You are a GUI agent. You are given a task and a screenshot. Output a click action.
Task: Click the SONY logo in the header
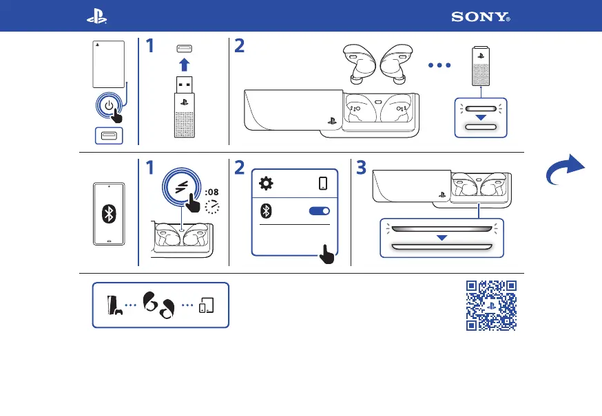point(481,17)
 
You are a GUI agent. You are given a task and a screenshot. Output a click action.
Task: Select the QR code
point(491,306)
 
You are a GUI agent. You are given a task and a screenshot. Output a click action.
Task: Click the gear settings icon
point(266,184)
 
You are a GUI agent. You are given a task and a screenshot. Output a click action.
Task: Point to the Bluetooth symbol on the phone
point(108,213)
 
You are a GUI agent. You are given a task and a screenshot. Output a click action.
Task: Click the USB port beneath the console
point(109,135)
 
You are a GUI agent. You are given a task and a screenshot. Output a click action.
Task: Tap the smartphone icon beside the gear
point(323,184)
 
